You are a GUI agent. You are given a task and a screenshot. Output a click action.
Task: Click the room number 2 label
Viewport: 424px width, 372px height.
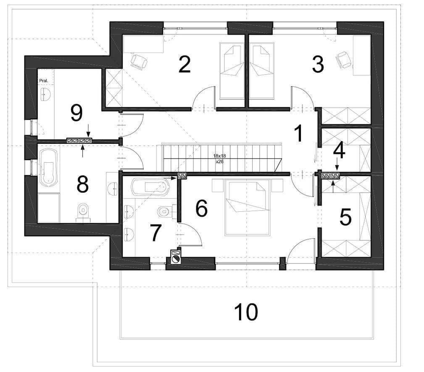click(185, 64)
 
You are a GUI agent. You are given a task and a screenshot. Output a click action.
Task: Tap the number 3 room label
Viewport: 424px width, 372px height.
click(318, 64)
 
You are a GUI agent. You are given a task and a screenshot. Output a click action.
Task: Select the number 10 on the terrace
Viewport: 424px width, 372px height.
click(246, 311)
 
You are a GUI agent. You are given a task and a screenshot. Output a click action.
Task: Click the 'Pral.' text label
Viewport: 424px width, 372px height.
click(44, 81)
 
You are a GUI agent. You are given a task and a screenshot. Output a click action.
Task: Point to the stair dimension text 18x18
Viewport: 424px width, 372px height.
click(220, 156)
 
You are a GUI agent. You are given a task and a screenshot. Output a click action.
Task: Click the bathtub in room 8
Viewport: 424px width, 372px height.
click(49, 168)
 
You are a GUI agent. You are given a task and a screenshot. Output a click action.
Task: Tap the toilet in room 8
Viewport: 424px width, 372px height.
click(83, 211)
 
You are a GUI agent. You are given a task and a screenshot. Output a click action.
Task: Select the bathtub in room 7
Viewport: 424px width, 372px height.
click(150, 186)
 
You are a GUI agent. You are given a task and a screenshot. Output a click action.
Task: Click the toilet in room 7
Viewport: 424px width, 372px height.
click(166, 211)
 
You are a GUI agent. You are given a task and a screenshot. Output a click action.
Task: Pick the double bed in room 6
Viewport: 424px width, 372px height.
click(247, 207)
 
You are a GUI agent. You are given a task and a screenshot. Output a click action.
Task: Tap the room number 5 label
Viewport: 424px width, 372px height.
click(345, 217)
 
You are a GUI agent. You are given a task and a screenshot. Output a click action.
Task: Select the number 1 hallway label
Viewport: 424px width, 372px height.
click(298, 133)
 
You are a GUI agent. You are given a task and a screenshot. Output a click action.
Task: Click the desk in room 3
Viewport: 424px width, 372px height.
click(361, 55)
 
